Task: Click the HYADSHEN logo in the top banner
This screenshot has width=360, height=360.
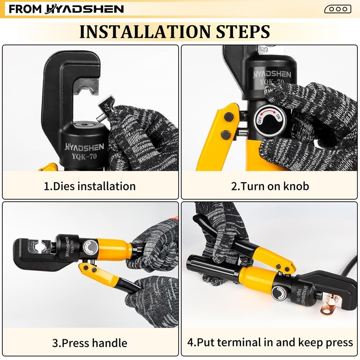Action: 84,9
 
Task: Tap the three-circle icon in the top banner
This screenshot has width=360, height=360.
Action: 338,9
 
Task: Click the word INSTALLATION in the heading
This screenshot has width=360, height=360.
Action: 145,31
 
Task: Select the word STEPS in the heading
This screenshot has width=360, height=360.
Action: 243,31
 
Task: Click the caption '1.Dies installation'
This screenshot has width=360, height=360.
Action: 90,186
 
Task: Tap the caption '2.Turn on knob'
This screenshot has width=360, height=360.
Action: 270,186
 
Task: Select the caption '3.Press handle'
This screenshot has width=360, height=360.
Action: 90,343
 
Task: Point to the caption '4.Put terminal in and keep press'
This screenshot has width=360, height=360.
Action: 270,342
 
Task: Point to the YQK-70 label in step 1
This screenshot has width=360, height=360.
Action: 84,157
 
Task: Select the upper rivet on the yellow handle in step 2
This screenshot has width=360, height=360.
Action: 229,117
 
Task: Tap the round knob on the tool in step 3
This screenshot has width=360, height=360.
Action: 90,247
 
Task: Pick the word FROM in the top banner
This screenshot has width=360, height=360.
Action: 25,9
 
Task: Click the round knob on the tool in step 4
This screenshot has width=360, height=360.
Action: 279,293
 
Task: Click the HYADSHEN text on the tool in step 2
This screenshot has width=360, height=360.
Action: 272,74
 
